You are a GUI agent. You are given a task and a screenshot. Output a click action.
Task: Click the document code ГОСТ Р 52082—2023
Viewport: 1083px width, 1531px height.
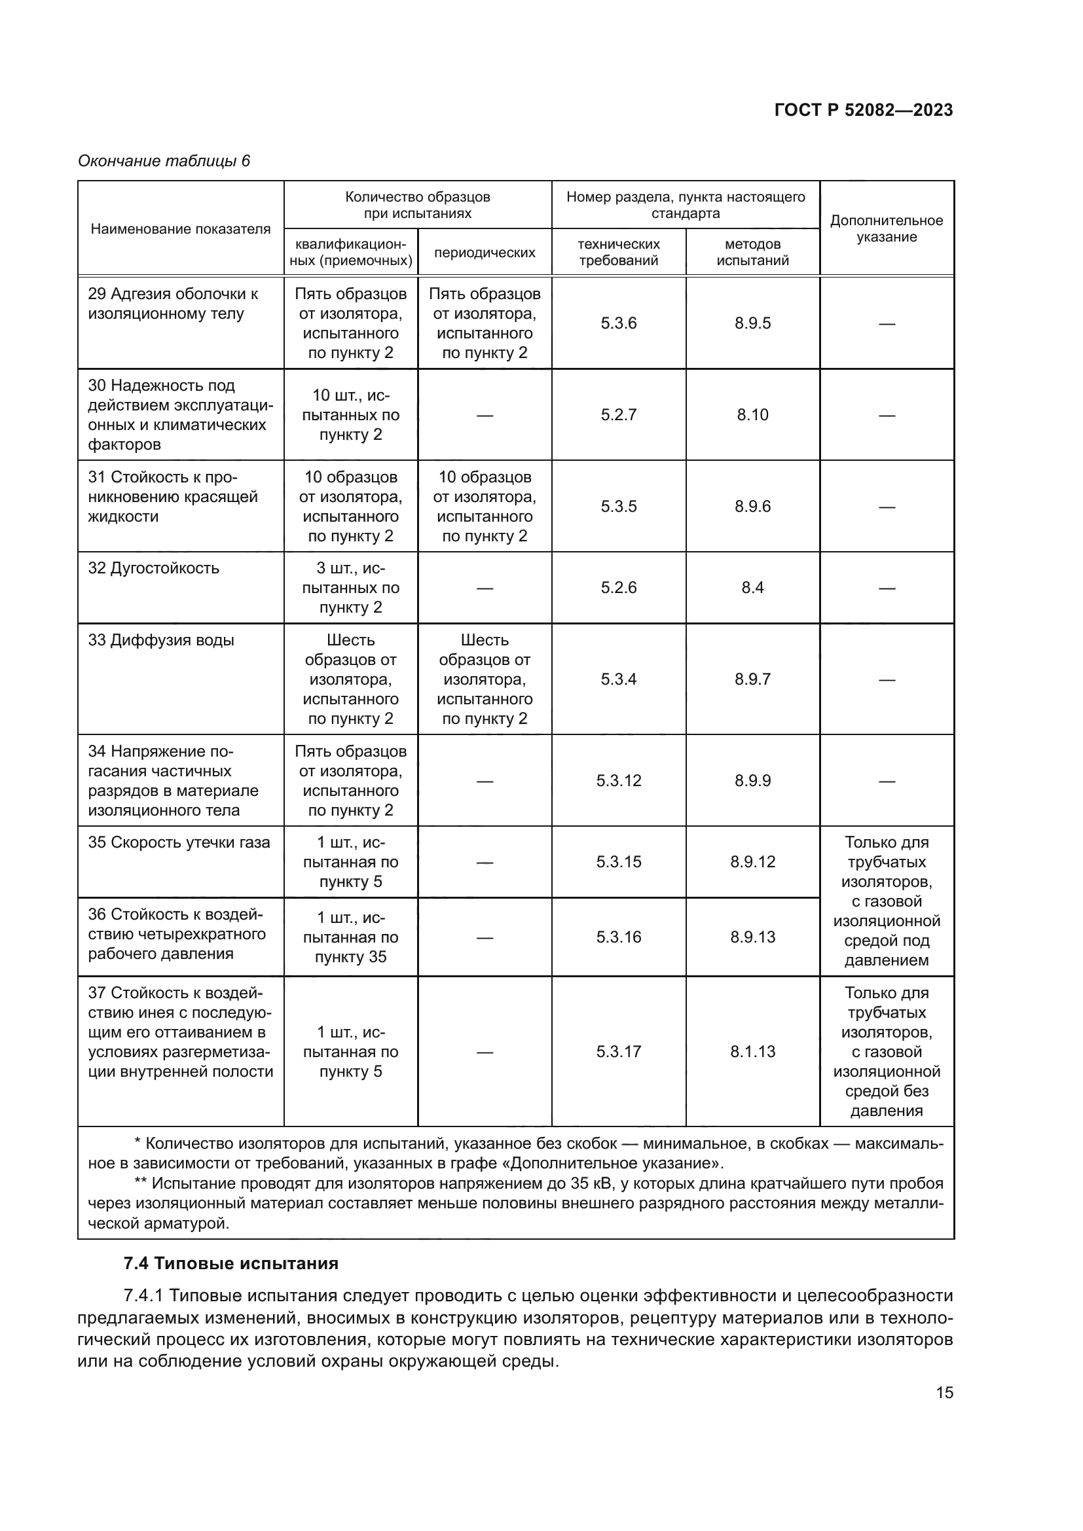click(863, 110)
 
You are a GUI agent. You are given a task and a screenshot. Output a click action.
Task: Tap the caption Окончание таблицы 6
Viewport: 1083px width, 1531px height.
click(164, 161)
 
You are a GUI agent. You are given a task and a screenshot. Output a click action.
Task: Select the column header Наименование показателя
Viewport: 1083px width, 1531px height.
click(180, 229)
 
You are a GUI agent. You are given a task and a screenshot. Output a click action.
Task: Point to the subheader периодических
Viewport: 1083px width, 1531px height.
click(484, 253)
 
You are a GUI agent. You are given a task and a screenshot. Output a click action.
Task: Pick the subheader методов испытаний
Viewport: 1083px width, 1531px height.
click(752, 252)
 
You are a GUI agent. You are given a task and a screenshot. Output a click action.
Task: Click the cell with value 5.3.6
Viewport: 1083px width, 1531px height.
click(618, 323)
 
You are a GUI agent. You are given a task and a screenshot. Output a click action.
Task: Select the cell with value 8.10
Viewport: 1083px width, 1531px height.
click(752, 415)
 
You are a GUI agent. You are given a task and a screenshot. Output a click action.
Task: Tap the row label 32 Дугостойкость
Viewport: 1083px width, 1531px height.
click(153, 568)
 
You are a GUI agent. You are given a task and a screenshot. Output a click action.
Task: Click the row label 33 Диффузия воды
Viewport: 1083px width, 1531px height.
click(160, 640)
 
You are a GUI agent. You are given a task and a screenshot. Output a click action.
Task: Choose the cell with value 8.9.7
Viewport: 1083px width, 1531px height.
click(752, 679)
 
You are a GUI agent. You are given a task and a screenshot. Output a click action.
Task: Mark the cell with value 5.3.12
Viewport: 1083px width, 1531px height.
click(618, 780)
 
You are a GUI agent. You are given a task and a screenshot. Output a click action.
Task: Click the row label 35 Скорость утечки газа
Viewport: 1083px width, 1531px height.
click(179, 842)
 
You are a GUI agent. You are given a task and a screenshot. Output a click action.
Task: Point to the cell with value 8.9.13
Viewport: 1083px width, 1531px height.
click(752, 937)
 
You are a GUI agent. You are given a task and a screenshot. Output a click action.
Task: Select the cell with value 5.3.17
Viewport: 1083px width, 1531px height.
click(618, 1052)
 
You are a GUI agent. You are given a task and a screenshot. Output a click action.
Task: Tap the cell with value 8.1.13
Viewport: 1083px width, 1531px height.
click(752, 1052)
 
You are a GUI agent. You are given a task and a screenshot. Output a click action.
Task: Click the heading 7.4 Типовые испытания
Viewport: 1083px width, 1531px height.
click(230, 1263)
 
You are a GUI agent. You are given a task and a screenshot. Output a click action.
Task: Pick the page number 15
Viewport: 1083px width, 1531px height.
click(944, 1392)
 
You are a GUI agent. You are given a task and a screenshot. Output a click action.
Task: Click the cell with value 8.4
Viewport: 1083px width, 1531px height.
click(752, 587)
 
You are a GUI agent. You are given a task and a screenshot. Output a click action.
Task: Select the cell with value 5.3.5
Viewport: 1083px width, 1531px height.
click(618, 506)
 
